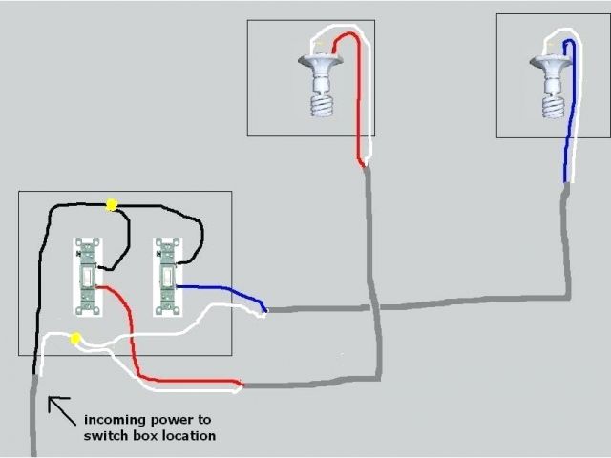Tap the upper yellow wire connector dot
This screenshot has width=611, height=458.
pos(112,203)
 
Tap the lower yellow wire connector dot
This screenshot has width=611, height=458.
pos(75,339)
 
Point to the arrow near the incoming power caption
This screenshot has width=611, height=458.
pos(60,409)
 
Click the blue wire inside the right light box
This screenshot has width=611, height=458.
pos(569,105)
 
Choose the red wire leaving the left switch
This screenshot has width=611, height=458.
pos(134,343)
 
